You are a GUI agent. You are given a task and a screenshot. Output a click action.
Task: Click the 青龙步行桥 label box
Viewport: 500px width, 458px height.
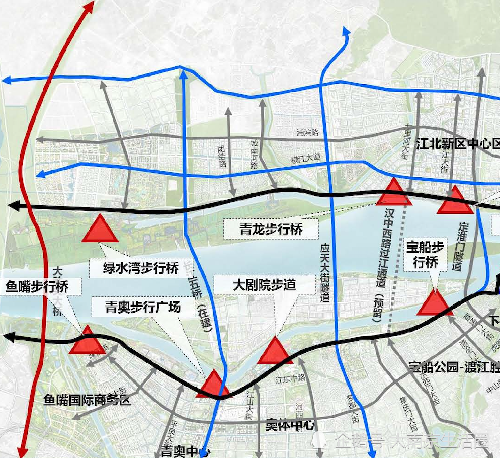271,230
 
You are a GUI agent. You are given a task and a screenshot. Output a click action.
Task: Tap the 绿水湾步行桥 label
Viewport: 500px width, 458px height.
141,268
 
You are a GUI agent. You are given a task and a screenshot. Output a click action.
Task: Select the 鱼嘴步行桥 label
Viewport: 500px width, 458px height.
37,287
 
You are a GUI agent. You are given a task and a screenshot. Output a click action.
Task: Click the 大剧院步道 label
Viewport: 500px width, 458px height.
265,284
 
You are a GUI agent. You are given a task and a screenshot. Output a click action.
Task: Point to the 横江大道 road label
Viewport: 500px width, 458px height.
306,160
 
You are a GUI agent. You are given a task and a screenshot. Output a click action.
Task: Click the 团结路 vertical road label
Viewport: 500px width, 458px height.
222,157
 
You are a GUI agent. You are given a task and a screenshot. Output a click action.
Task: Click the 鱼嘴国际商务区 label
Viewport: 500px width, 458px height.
87,400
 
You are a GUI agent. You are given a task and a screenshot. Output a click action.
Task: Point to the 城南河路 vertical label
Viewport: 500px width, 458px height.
254,153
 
